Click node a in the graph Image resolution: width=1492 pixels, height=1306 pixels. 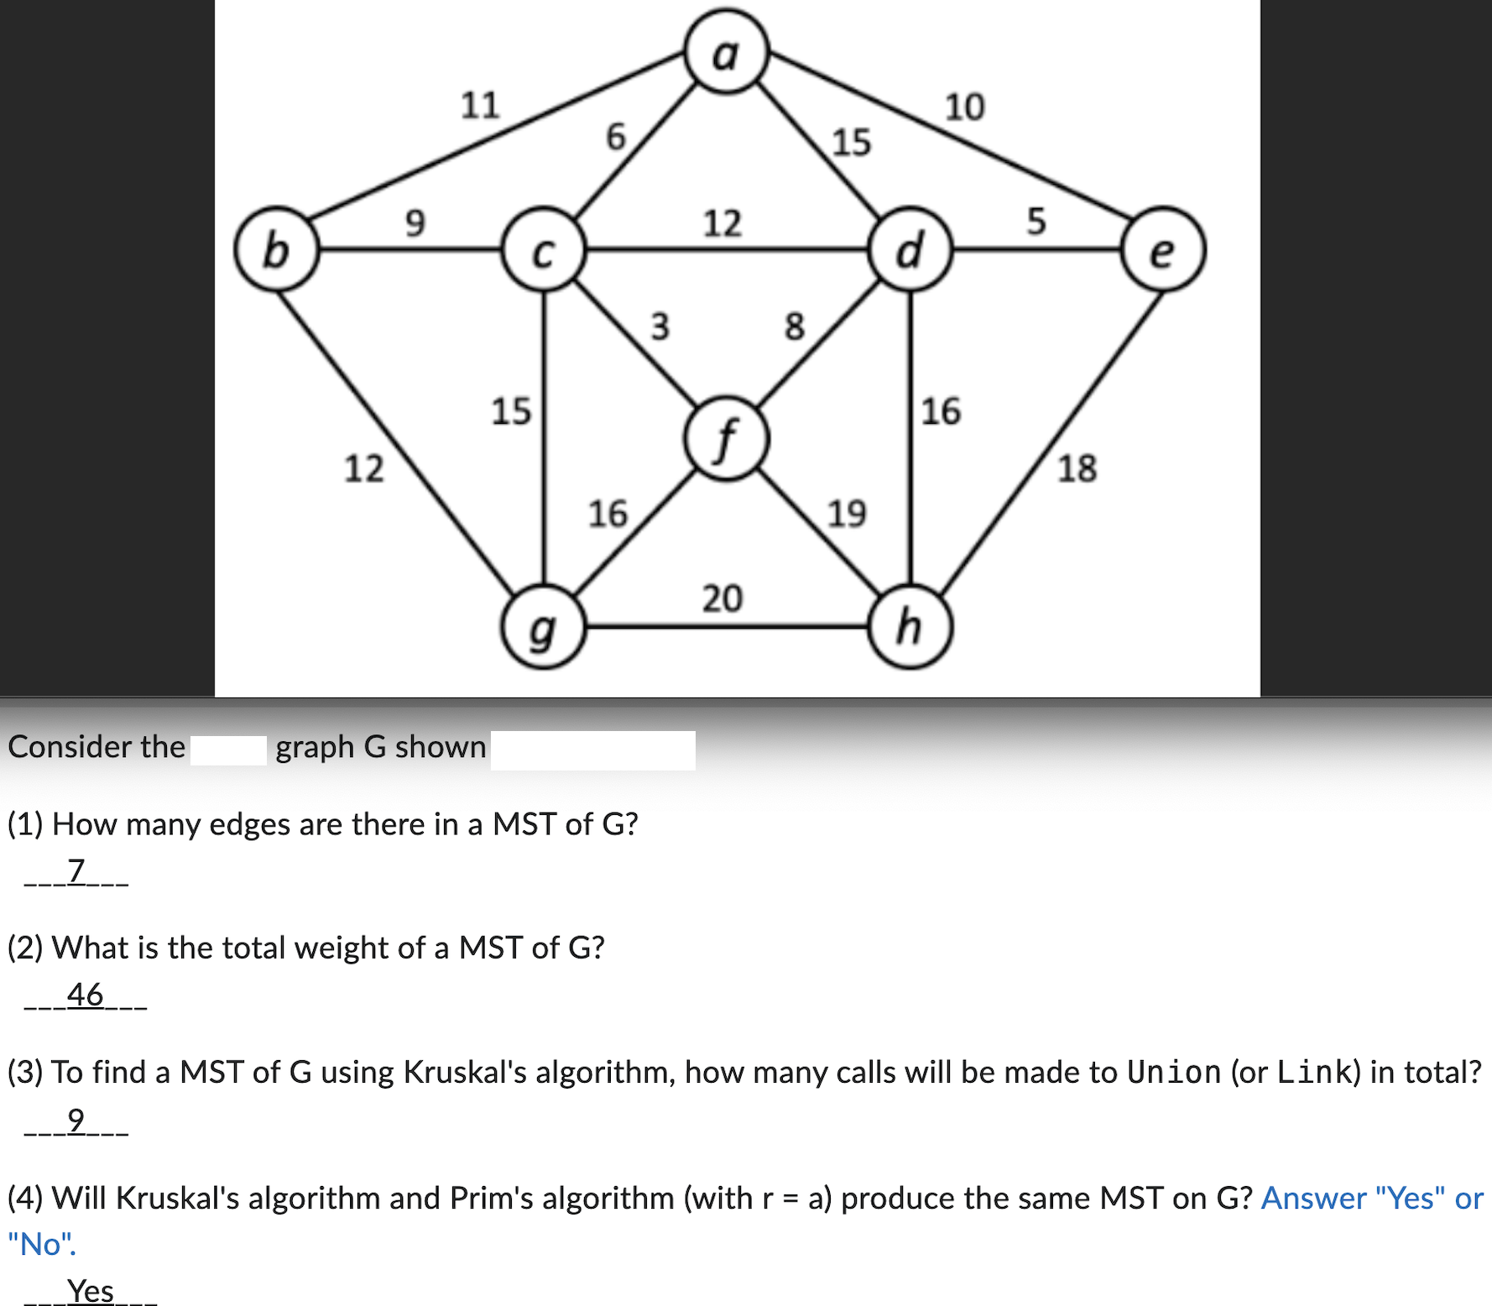coord(726,50)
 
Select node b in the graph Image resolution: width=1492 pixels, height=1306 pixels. coord(276,249)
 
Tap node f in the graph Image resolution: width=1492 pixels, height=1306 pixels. coord(726,439)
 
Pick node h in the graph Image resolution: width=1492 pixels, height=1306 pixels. coord(910,627)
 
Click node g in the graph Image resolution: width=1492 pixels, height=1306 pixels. coord(543,627)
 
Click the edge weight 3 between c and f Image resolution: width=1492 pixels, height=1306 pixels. coord(660,326)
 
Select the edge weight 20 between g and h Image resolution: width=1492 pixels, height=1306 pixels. coord(722,598)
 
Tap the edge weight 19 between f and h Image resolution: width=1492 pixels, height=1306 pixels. coord(846,512)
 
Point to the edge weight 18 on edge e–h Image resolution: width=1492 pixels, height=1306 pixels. coord(1077,468)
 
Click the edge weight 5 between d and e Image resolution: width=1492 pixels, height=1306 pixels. coord(1036,221)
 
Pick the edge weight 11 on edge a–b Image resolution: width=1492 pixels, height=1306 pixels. coord(480,106)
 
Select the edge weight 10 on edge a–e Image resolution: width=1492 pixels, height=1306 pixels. coord(964,107)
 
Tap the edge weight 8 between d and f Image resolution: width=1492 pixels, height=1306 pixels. coord(794,326)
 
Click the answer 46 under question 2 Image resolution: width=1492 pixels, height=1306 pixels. coord(85,995)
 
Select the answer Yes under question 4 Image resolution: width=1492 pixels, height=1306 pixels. coord(91,1290)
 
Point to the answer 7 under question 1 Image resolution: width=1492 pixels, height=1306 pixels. coord(76,870)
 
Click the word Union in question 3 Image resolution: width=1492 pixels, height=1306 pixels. coord(1173,1072)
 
